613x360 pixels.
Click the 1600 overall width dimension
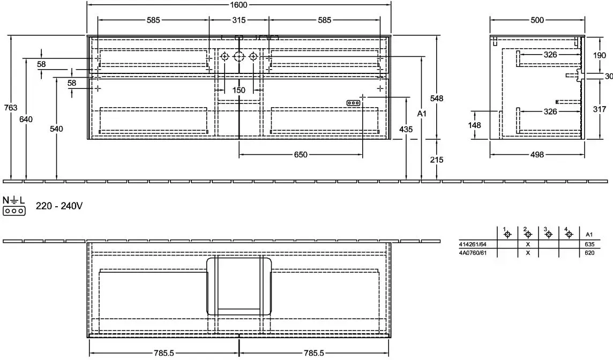238,5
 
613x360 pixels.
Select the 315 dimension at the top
239,19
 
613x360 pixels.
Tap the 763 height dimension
11,108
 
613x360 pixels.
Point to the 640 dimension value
26,119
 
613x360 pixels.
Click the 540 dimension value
56,129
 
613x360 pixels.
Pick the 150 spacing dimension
239,91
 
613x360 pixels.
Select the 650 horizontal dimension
301,155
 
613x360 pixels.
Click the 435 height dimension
406,129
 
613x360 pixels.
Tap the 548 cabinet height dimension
437,98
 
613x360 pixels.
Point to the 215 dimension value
437,160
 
